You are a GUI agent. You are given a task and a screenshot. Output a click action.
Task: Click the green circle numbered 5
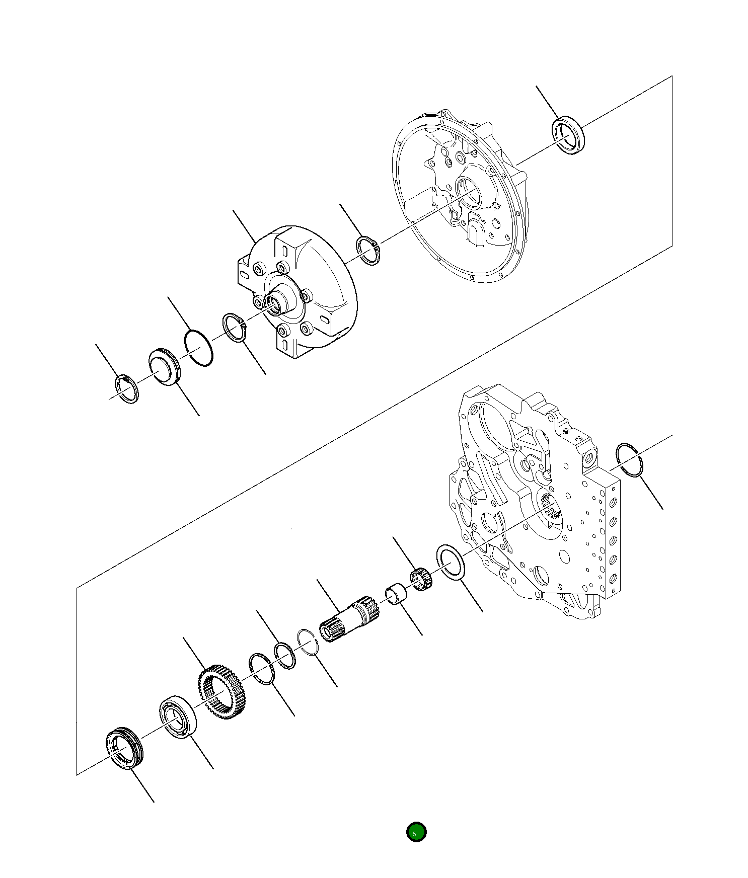[x=416, y=832]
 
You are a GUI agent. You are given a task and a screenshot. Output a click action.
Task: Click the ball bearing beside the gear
[x=178, y=717]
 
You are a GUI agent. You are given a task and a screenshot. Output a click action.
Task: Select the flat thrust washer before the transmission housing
[x=451, y=562]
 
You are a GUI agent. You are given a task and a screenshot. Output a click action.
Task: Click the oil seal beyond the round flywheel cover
[x=568, y=135]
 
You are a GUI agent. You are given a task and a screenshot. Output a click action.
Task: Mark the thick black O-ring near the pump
[x=198, y=348]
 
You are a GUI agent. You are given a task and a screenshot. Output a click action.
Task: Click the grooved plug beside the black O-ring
[x=164, y=367]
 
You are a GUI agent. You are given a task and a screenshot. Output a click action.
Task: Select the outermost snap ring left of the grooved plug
[x=127, y=389]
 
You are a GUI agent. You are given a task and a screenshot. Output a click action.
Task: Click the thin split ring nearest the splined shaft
[x=307, y=642]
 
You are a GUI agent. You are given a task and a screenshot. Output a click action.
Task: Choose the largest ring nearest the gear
[x=262, y=669]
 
